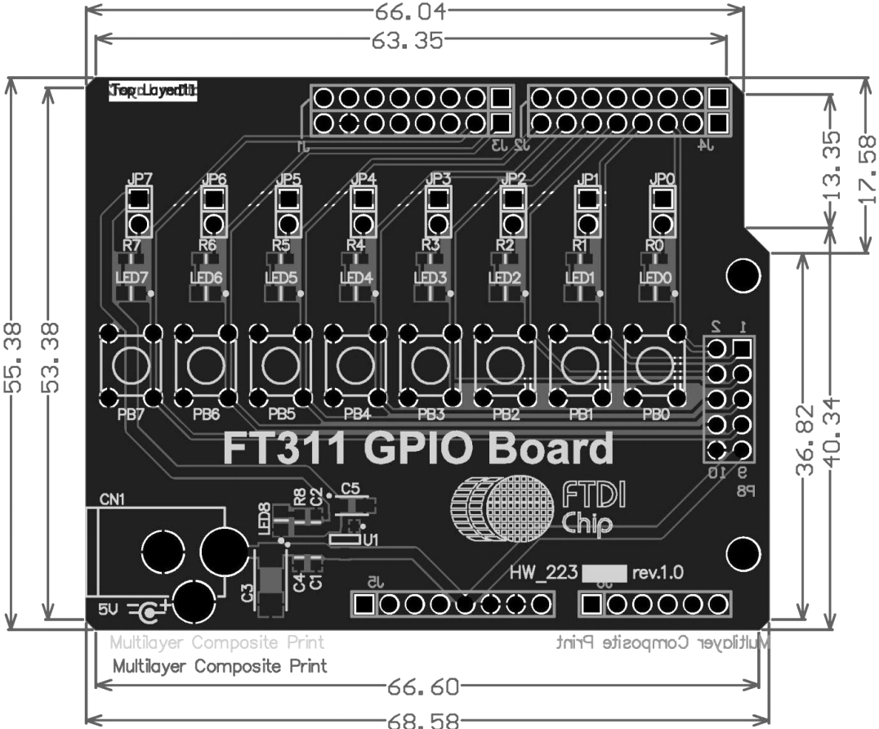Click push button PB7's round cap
coord(131,365)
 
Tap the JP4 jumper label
coord(364,178)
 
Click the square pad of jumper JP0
coord(661,198)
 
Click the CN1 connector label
coord(112,499)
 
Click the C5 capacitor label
coord(350,489)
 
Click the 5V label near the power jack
coord(109,609)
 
